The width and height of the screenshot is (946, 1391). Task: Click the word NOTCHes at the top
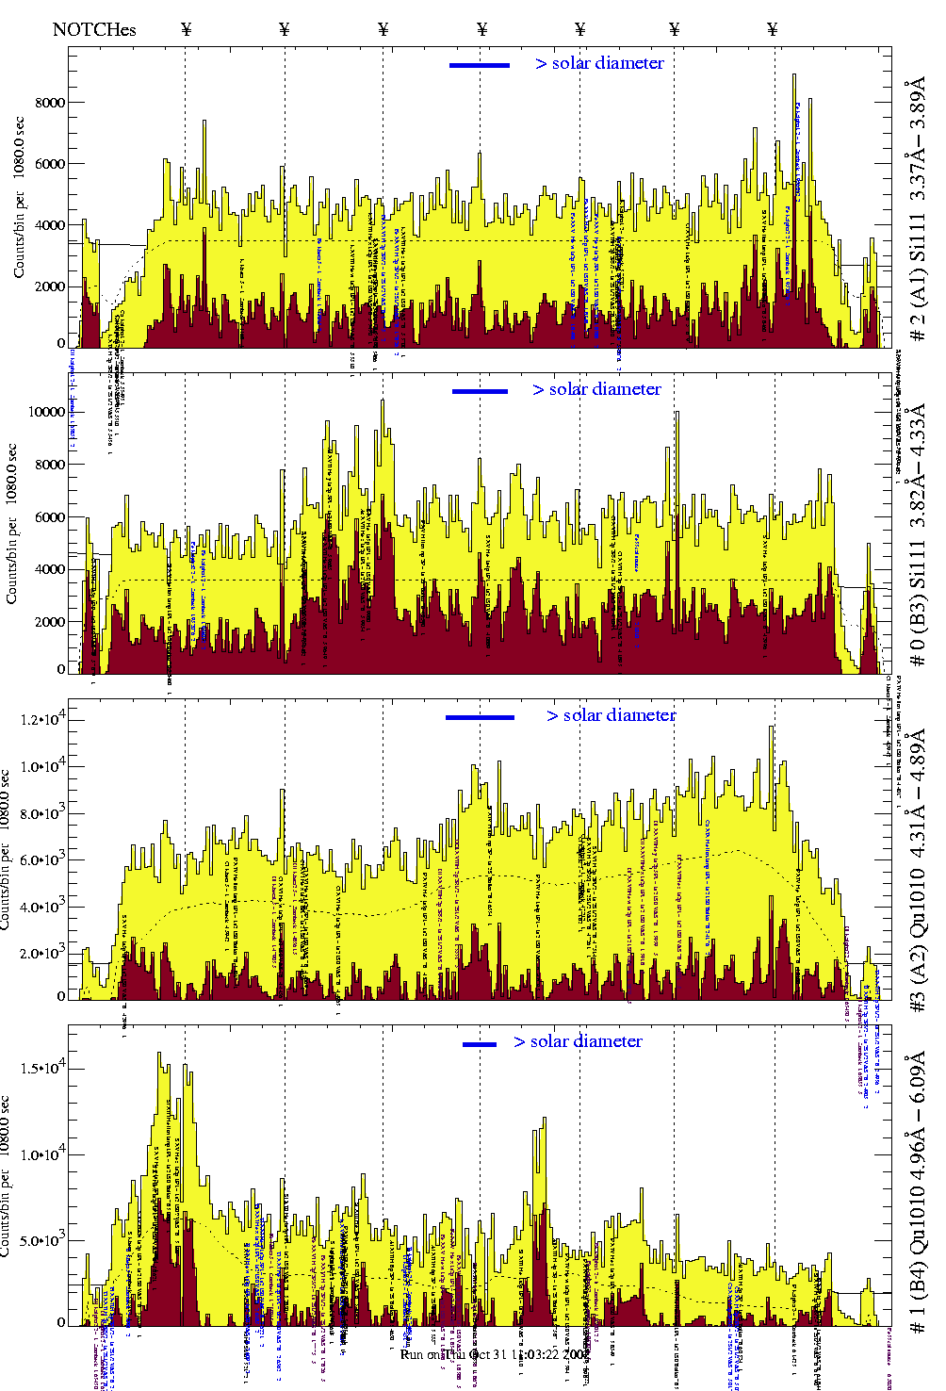click(94, 29)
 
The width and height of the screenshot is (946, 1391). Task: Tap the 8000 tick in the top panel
click(50, 103)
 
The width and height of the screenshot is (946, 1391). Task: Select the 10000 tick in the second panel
click(46, 412)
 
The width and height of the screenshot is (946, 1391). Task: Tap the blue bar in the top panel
click(480, 65)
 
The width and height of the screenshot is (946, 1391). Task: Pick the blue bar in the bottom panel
click(480, 1044)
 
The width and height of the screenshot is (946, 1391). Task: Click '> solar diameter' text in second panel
click(596, 389)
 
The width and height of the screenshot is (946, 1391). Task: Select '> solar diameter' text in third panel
click(611, 715)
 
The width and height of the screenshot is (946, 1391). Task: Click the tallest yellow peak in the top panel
click(794, 75)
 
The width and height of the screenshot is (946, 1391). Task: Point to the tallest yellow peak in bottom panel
click(159, 1054)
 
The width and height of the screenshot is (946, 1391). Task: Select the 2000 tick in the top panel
click(50, 286)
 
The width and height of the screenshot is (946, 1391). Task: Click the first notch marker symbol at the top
click(186, 29)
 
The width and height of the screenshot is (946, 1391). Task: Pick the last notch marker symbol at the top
click(773, 29)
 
